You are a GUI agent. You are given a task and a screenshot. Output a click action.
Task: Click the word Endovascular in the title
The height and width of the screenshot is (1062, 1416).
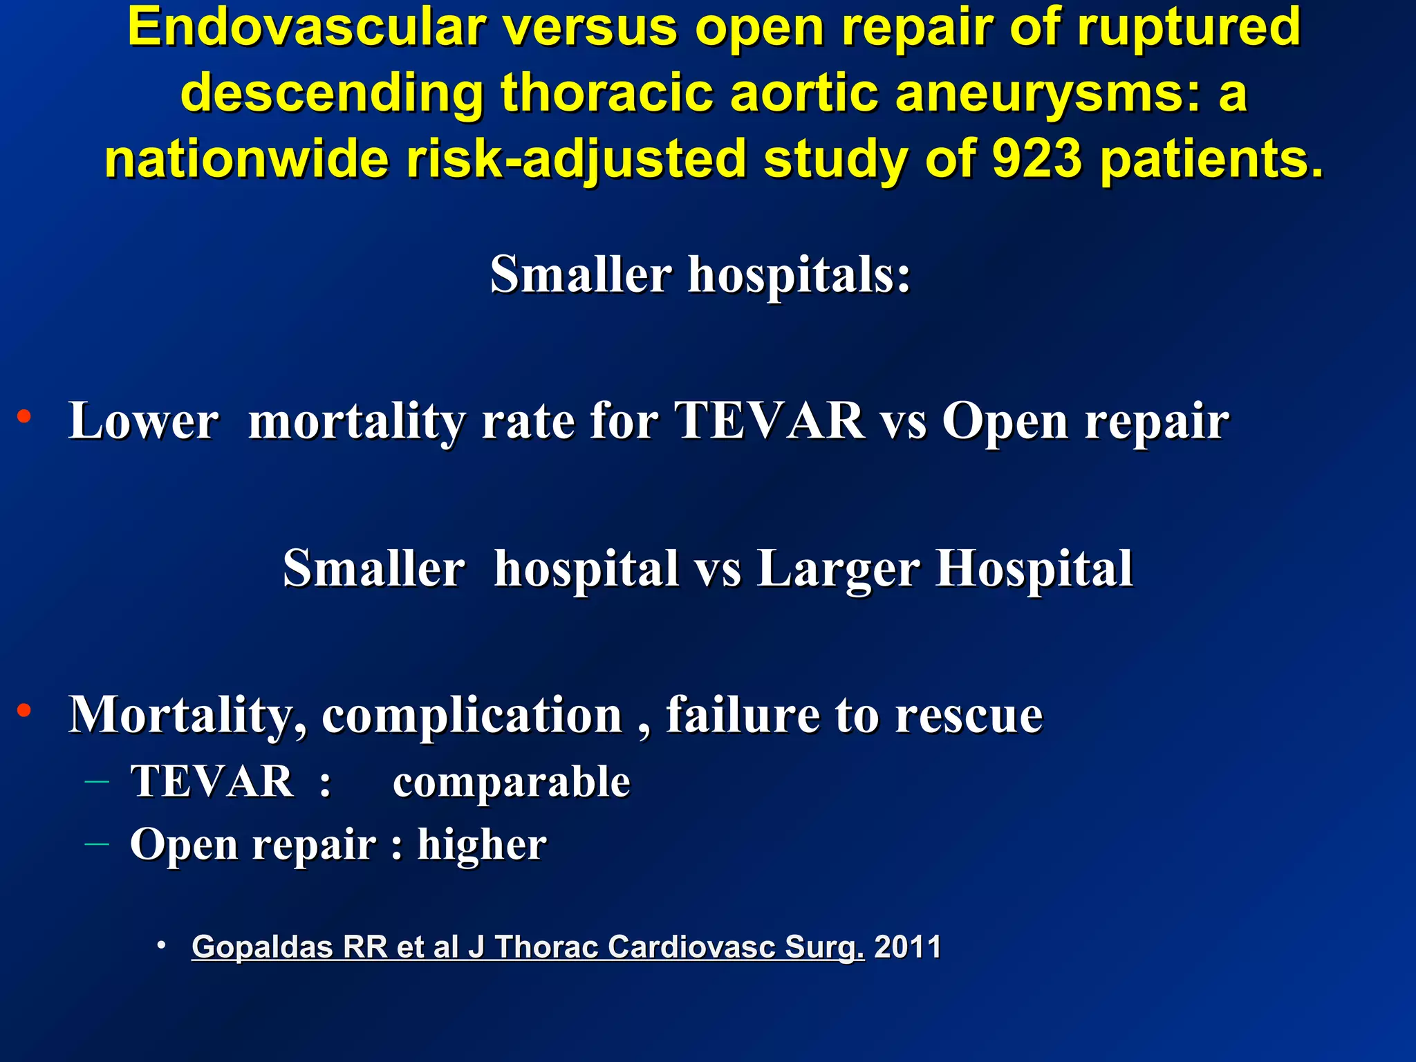point(307,28)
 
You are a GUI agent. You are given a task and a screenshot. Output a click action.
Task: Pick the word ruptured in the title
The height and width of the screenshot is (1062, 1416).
point(1189,28)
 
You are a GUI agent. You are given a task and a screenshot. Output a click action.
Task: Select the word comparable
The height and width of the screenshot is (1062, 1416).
point(511,782)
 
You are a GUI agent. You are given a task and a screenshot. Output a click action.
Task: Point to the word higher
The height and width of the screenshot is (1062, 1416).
point(481,844)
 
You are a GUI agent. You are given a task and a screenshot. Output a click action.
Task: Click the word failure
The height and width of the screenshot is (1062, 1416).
point(743,715)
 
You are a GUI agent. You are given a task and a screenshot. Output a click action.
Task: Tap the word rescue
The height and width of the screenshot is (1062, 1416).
point(968,715)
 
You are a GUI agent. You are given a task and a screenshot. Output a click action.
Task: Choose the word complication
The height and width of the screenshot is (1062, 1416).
point(472,715)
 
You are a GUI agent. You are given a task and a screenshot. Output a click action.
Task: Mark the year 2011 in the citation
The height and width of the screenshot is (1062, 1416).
point(907,947)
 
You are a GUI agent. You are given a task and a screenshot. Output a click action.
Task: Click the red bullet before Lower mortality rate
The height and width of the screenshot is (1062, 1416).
point(24,416)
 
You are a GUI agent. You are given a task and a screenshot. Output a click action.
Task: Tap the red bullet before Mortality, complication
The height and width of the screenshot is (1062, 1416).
point(24,710)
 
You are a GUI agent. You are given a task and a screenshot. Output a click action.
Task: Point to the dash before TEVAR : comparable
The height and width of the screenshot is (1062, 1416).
point(97,782)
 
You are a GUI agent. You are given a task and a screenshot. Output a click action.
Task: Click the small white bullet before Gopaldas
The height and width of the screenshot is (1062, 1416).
point(161,945)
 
